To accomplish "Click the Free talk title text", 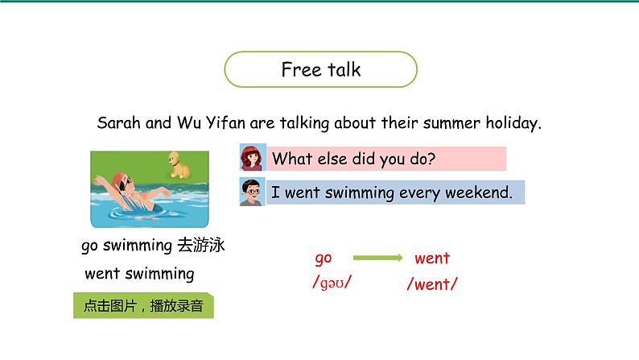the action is (321, 70).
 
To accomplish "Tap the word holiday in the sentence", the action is (513, 122).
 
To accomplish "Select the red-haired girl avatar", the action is (253, 157).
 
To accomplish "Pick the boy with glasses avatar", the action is (252, 192).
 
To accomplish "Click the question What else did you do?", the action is (354, 159).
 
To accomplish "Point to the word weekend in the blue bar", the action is (478, 192).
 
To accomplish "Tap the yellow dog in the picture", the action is (179, 165).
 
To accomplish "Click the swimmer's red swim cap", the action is (118, 179).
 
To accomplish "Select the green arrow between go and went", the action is (377, 258).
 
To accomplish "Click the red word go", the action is (324, 259).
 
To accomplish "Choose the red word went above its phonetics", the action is (432, 258).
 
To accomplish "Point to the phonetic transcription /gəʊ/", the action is (332, 282).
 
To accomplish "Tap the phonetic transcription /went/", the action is (432, 284).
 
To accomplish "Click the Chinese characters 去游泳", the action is (201, 245).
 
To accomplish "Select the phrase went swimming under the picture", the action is (139, 274).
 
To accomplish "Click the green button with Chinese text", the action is (143, 305).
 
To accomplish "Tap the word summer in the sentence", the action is (451, 122).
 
